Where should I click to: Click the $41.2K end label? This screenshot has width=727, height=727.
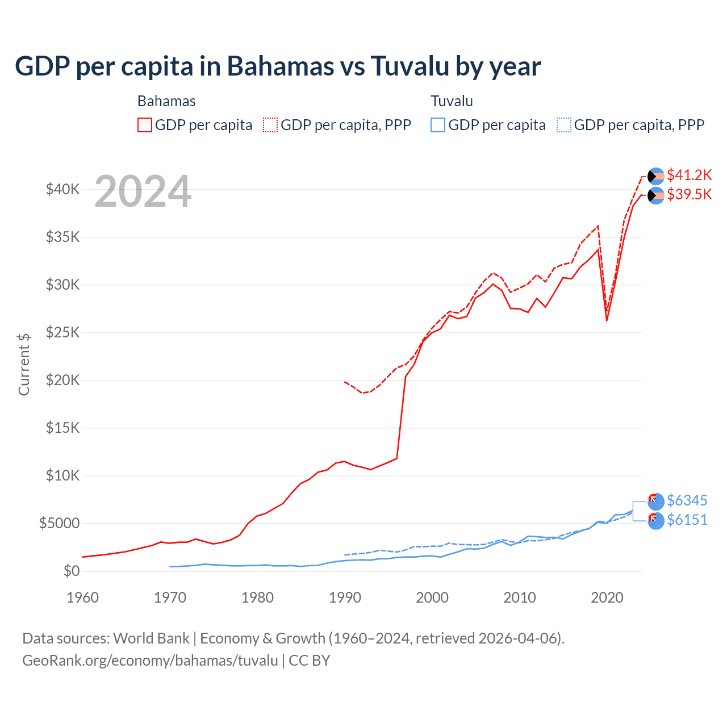[689, 175]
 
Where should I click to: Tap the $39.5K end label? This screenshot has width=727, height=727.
[689, 194]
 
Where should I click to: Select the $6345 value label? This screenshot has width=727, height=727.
[687, 500]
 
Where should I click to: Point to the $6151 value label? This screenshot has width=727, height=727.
[687, 520]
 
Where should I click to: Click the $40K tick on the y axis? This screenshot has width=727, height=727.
[62, 189]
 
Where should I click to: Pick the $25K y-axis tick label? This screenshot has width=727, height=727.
[62, 332]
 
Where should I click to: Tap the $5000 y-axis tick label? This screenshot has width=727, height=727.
[59, 523]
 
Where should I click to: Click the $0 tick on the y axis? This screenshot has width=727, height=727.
[71, 571]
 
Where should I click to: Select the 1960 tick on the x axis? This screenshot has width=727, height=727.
[82, 598]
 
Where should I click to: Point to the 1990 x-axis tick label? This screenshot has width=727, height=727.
[345, 598]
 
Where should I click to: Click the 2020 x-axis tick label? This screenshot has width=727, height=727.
[607, 598]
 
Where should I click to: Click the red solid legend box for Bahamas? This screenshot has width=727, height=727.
[145, 125]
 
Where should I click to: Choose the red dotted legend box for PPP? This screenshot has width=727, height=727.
[270, 125]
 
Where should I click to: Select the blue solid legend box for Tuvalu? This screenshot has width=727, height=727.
[438, 125]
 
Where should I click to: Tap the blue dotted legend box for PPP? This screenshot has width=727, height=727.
[564, 125]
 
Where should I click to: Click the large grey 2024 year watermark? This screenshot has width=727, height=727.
[143, 192]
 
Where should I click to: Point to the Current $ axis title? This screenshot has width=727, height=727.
[24, 365]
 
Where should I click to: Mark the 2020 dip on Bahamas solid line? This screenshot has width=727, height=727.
[607, 320]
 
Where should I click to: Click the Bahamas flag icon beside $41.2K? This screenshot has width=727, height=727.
[656, 176]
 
